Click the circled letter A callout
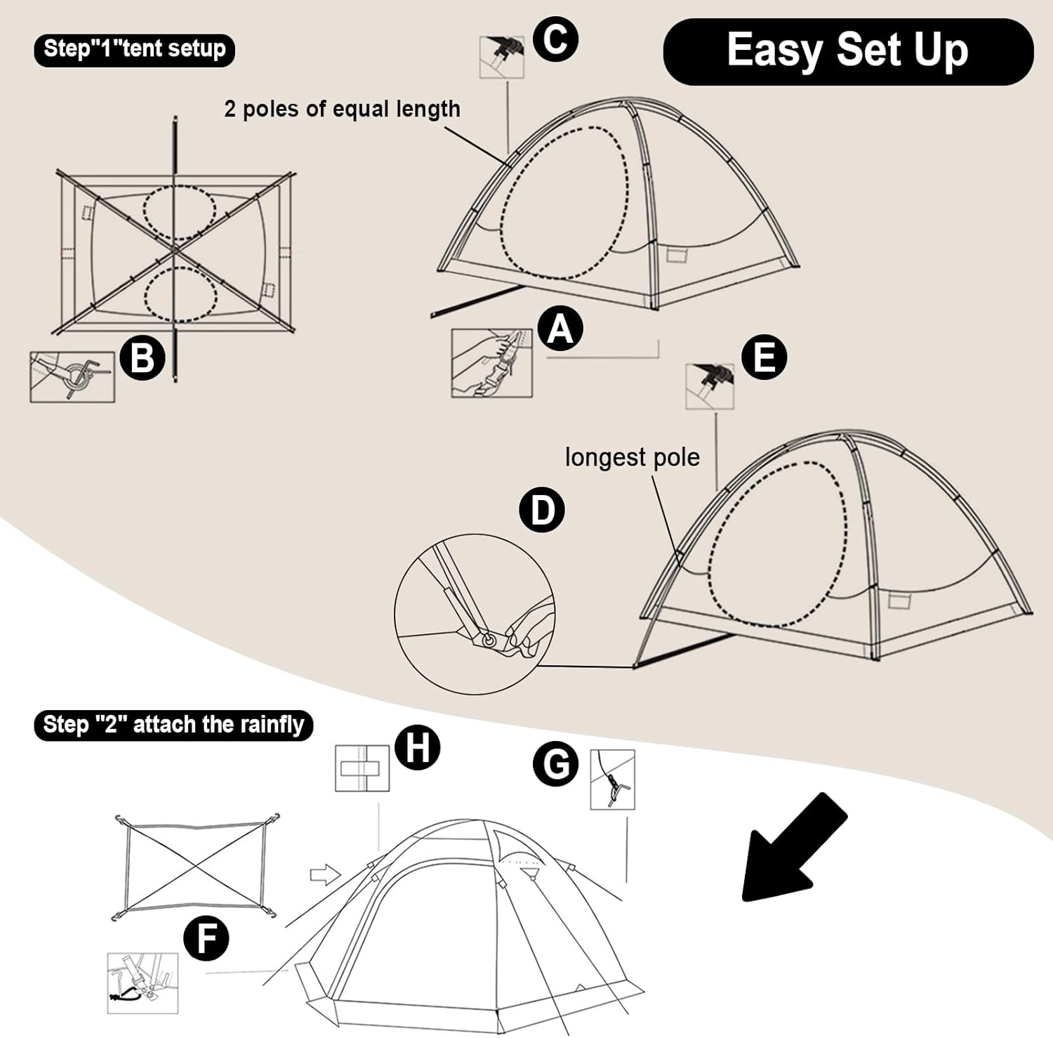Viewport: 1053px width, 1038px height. point(560,328)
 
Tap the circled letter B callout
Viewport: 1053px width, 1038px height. point(143,357)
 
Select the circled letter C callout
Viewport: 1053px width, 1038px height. point(555,39)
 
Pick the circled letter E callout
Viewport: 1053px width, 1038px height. point(764,357)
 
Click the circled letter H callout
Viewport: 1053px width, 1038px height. point(418,747)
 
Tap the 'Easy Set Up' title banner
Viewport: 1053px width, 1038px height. point(848,51)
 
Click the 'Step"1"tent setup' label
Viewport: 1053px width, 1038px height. point(134,49)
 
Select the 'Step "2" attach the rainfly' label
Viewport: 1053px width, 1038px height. point(173,725)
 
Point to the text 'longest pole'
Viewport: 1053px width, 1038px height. point(632,457)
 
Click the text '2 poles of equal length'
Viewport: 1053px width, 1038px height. point(342,109)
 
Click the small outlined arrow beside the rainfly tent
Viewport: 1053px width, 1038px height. point(325,875)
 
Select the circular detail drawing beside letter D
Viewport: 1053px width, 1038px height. point(475,615)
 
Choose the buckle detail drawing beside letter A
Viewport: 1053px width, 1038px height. point(491,363)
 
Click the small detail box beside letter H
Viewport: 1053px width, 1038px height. point(362,768)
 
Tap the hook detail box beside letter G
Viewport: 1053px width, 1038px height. point(612,780)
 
